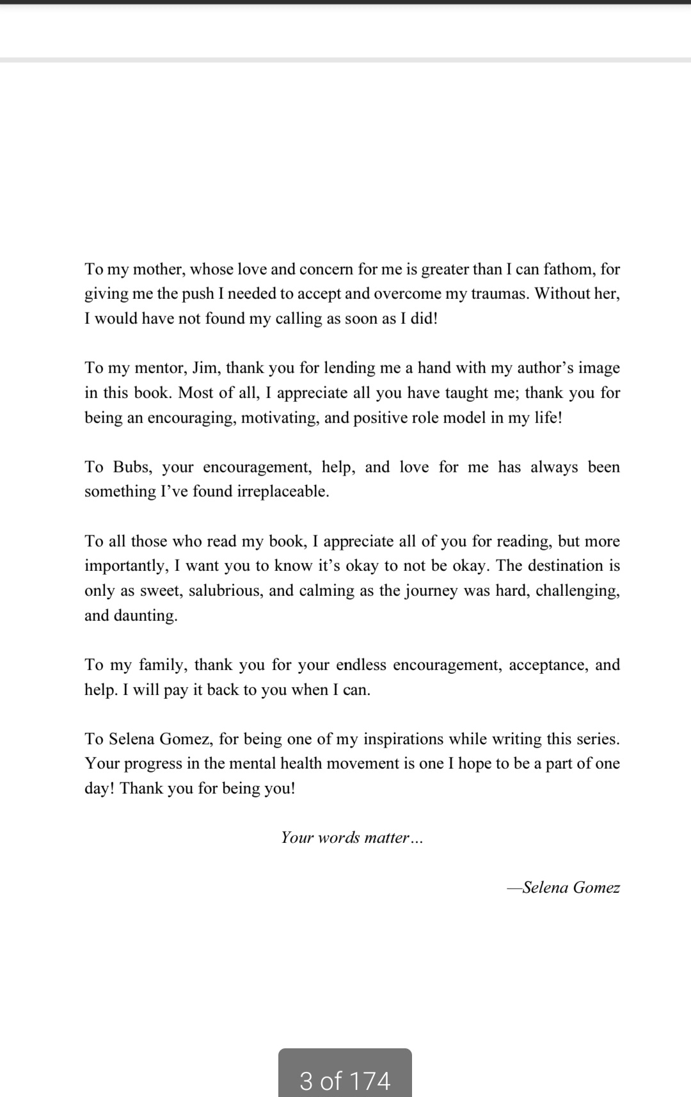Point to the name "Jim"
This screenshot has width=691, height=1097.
point(205,368)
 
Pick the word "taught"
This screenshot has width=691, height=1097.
point(463,393)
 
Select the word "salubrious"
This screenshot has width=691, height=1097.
point(225,590)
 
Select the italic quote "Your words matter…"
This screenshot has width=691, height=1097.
point(352,838)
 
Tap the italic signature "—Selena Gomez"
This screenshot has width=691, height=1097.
point(563,888)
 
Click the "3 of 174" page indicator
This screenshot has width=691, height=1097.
point(345,1080)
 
